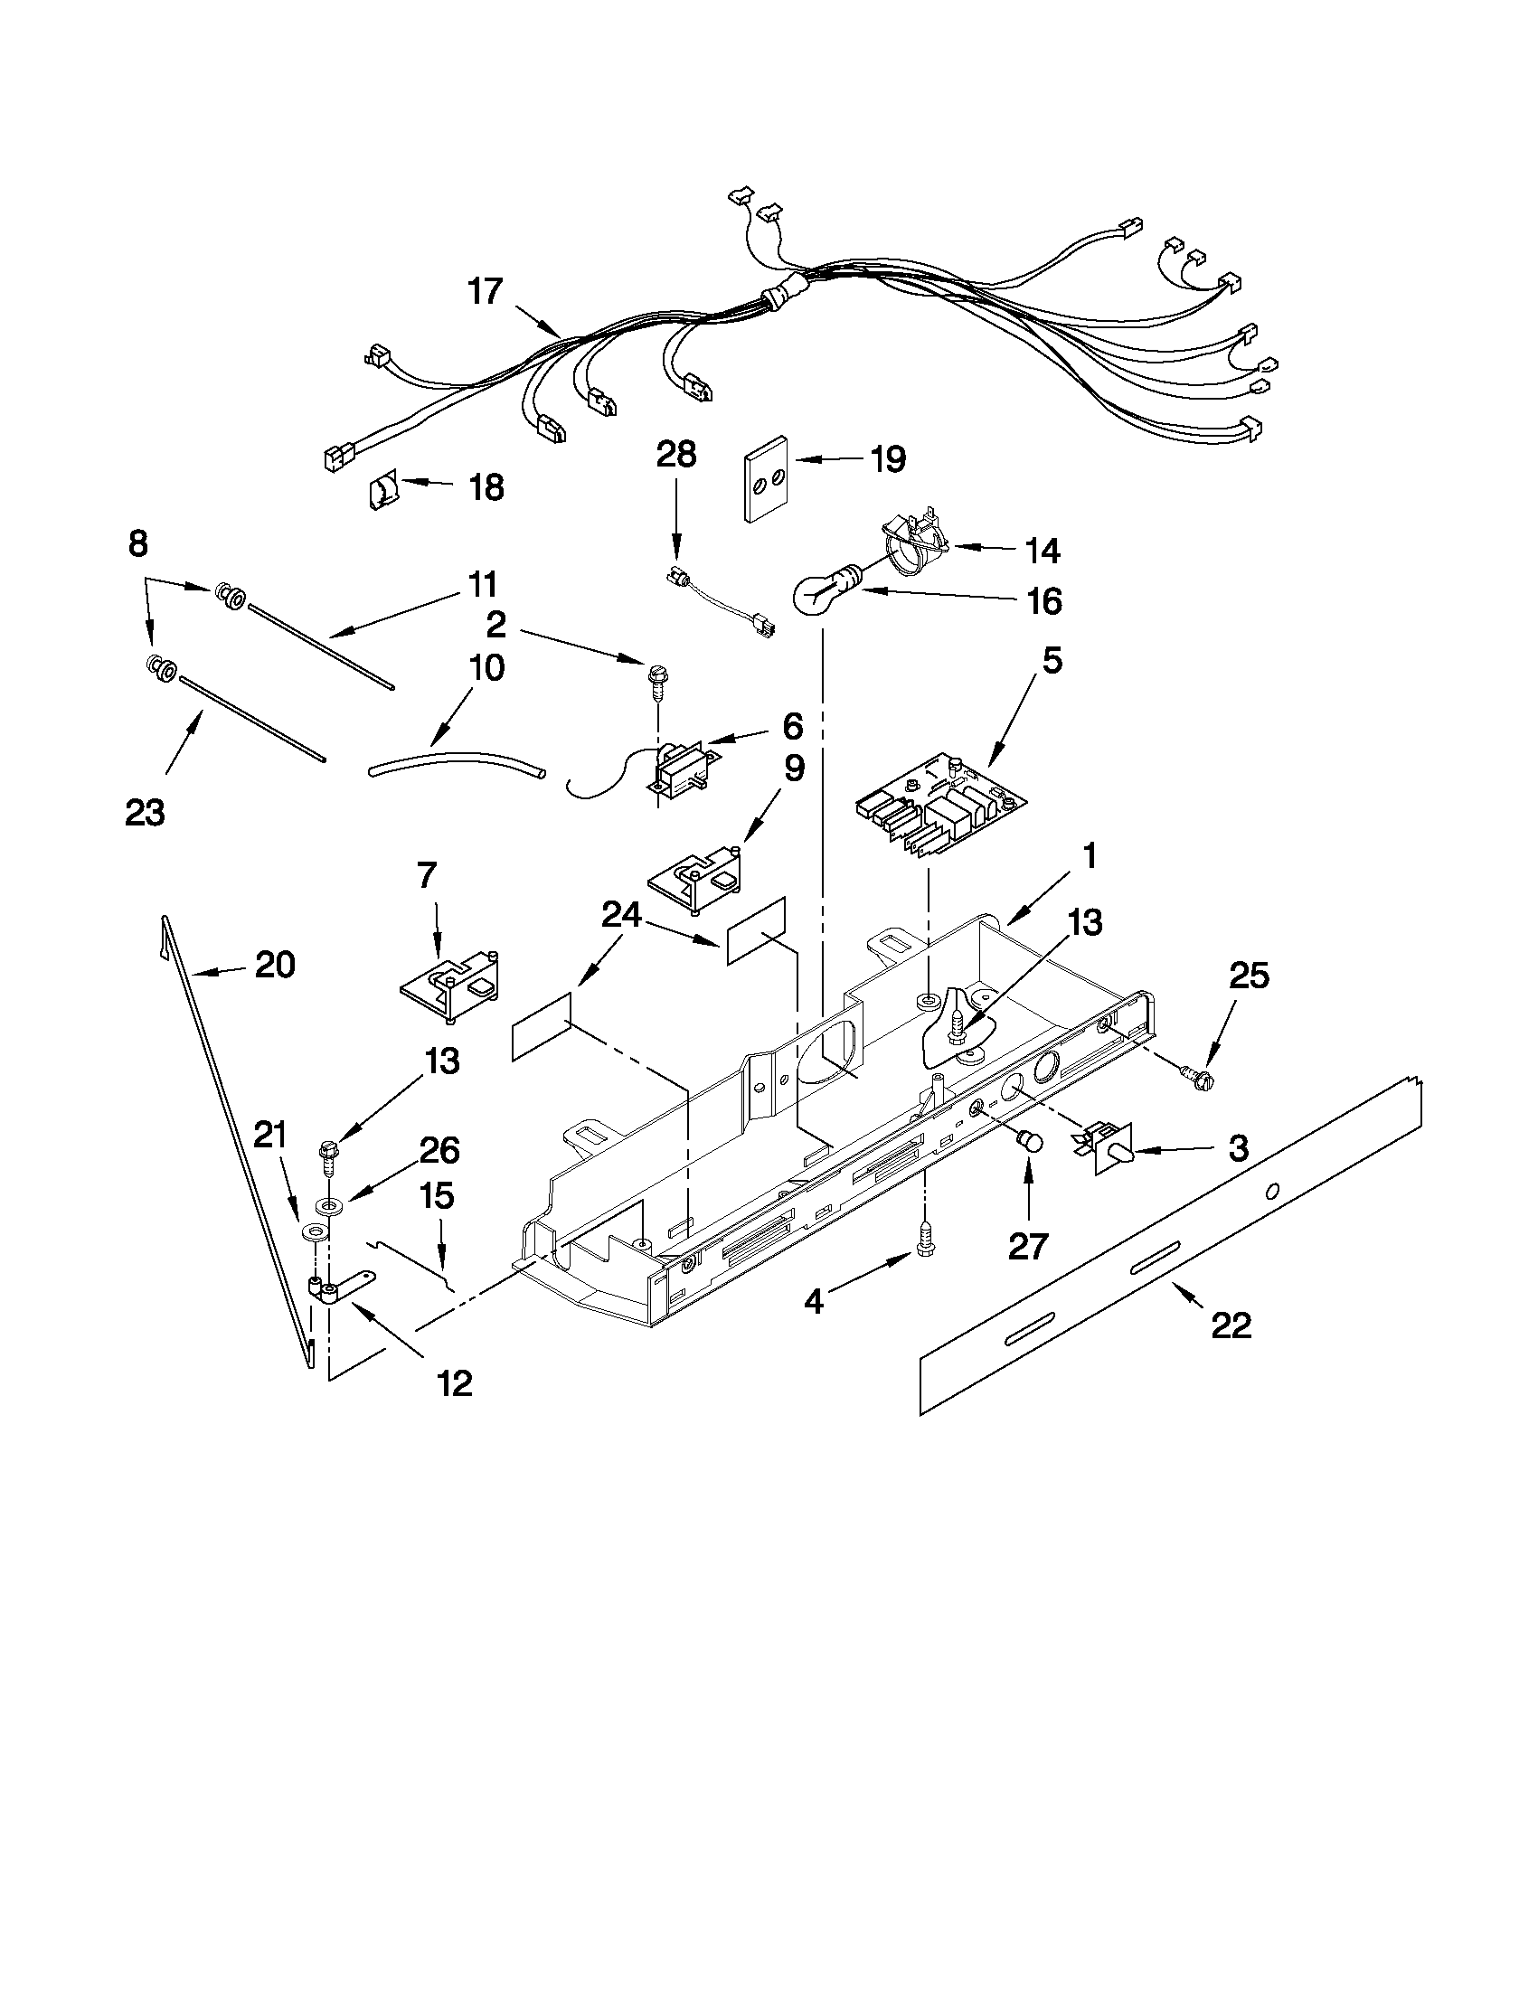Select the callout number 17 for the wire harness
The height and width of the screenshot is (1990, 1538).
pos(486,291)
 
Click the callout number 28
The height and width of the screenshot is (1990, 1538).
pos(676,455)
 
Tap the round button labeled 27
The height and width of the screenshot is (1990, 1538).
pos(1030,1140)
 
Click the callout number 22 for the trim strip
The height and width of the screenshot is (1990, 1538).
pos(1231,1325)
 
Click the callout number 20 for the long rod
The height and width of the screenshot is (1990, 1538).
pos(274,965)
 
